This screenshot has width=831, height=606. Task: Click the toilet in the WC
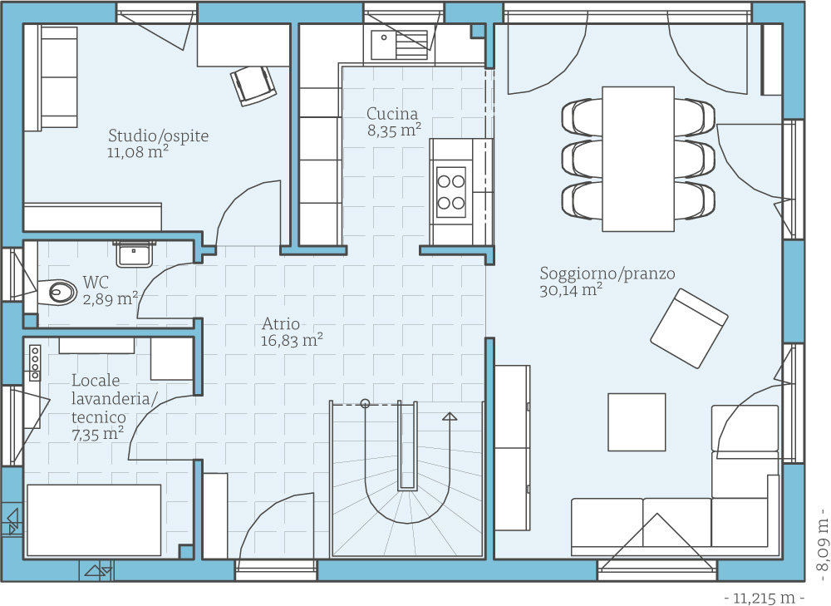pyautogui.click(x=57, y=291)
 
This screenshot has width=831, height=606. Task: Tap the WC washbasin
pyautogui.click(x=134, y=254)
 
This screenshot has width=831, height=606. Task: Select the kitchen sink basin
pyautogui.click(x=382, y=43)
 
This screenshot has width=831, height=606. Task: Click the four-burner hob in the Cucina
pyautogui.click(x=451, y=192)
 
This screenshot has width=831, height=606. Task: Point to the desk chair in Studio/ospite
pyautogui.click(x=253, y=86)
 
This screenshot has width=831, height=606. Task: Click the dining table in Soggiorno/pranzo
pyautogui.click(x=638, y=159)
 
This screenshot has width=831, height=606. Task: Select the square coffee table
pyautogui.click(x=637, y=422)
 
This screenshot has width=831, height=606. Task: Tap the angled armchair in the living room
pyautogui.click(x=689, y=328)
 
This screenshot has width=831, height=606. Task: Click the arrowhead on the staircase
pyautogui.click(x=450, y=416)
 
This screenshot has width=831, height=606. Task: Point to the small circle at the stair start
pyautogui.click(x=365, y=403)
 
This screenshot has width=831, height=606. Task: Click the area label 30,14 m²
pyautogui.click(x=571, y=290)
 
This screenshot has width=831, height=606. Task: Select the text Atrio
pyautogui.click(x=281, y=323)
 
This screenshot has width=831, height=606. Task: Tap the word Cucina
pyautogui.click(x=392, y=113)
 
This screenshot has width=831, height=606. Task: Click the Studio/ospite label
pyautogui.click(x=159, y=135)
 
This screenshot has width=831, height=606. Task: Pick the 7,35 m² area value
pyautogui.click(x=97, y=434)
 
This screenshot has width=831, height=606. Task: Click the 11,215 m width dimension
pyautogui.click(x=764, y=598)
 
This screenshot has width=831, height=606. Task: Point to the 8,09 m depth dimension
pyautogui.click(x=822, y=539)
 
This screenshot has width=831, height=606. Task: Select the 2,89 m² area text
pyautogui.click(x=111, y=298)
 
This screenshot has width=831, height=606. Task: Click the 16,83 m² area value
pyautogui.click(x=292, y=340)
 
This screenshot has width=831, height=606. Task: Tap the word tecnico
pyautogui.click(x=99, y=416)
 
